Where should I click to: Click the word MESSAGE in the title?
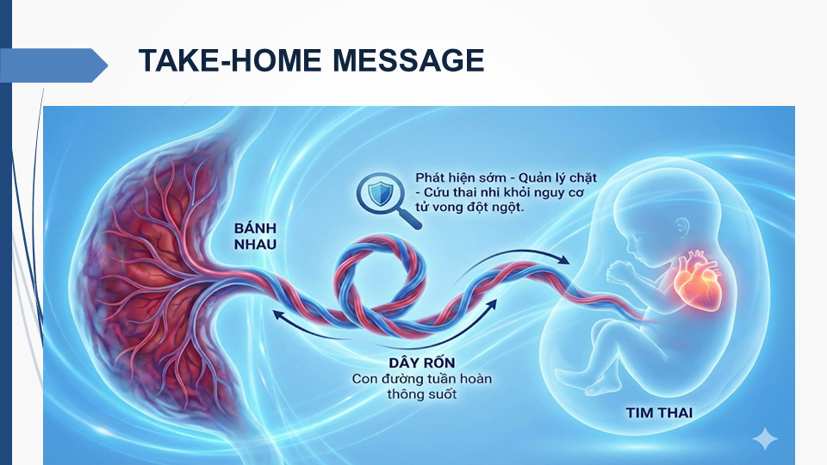(x=408, y=59)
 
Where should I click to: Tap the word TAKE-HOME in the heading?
(x=229, y=59)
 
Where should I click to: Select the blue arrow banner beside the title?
(x=53, y=65)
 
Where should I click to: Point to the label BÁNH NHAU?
(x=255, y=236)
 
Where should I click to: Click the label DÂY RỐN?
(x=422, y=363)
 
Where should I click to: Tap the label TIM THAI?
(x=659, y=412)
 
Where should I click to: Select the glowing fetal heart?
(x=697, y=281)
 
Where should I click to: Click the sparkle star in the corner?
(x=765, y=439)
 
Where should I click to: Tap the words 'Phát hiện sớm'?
(x=460, y=178)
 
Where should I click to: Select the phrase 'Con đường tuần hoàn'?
(x=422, y=379)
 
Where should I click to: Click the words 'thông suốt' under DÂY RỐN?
(x=422, y=394)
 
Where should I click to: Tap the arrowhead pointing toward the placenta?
(x=278, y=315)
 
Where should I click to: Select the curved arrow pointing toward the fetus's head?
(x=512, y=259)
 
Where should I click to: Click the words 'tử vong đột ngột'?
(x=469, y=208)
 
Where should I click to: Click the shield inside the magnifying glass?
(x=379, y=193)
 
